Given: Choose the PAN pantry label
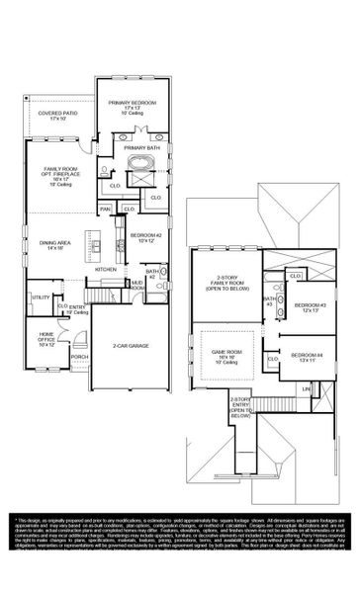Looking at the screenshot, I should point(105,209).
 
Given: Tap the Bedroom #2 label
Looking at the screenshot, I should point(145,234).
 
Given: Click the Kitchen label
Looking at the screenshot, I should point(106,269).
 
